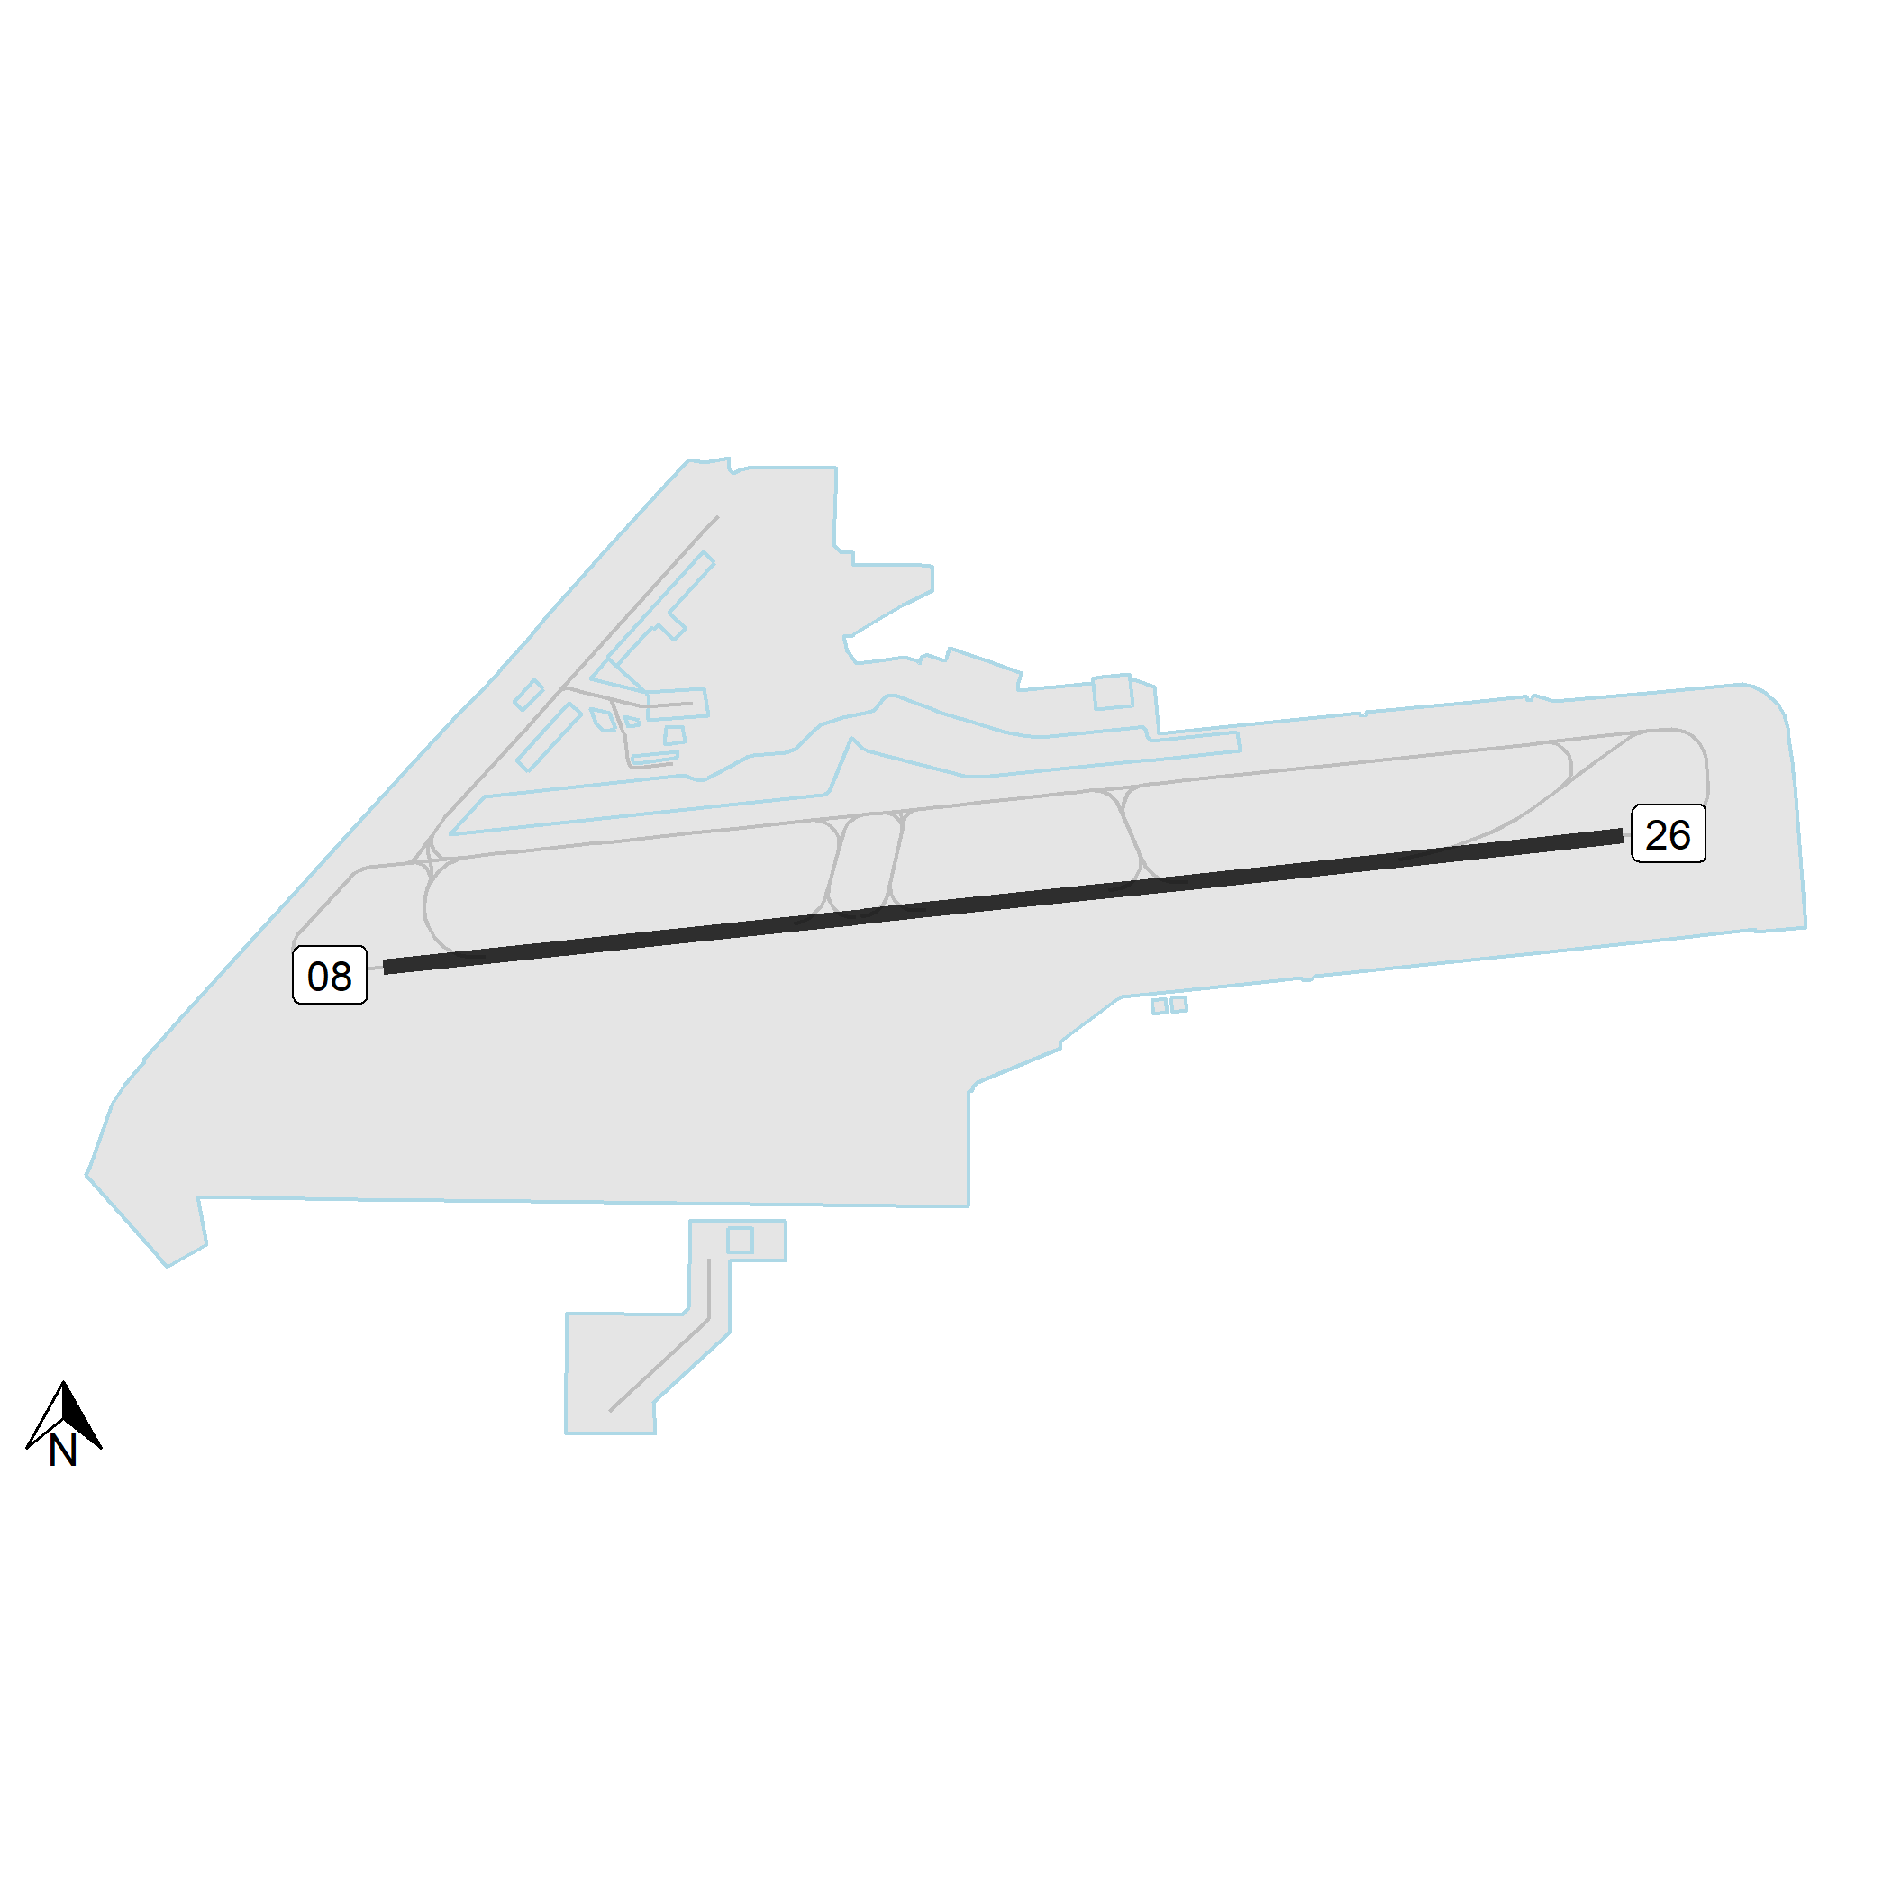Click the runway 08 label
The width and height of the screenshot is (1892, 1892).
tap(330, 975)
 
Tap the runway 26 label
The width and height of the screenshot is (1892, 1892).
tap(1668, 833)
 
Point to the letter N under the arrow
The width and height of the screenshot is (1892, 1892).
tap(63, 1451)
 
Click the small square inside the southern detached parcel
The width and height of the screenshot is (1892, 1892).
tap(740, 1240)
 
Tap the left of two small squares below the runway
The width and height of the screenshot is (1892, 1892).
tap(1160, 1006)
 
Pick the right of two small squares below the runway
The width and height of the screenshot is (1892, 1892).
tap(1179, 1004)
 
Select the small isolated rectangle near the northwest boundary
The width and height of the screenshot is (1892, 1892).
tap(529, 695)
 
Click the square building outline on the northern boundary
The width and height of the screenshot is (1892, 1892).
tap(1113, 691)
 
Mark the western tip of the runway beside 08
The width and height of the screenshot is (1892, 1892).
tap(384, 968)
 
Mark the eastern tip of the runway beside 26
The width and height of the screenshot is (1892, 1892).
tap(1623, 836)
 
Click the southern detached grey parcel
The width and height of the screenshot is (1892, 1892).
tap(676, 1327)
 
